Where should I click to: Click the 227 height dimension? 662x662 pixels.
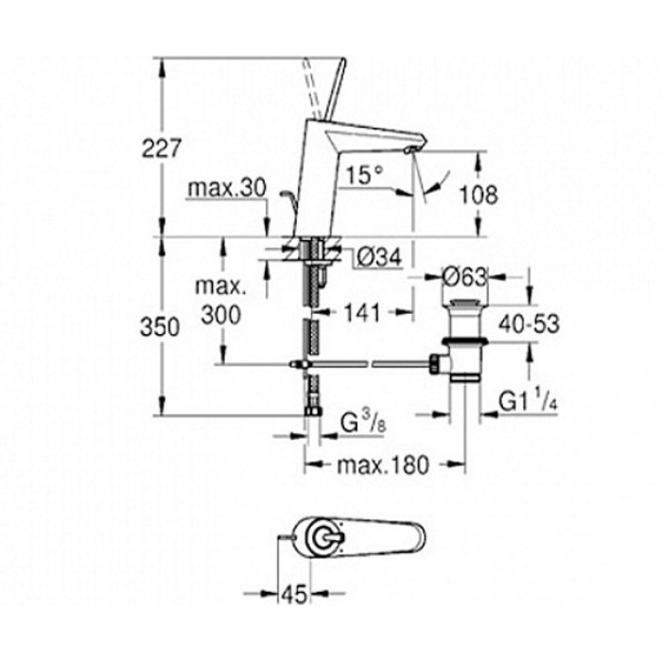tap(161, 148)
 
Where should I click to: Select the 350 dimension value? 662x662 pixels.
tap(160, 327)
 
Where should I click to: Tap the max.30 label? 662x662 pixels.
tap(227, 188)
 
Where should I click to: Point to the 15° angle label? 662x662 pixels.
tap(363, 175)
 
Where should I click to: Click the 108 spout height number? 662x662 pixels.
tap(479, 195)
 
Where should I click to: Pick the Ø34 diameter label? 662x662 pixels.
tap(378, 257)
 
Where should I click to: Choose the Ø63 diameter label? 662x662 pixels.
tap(464, 277)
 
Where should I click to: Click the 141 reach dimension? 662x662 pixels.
tap(362, 313)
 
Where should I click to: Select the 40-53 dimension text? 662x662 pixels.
tap(529, 324)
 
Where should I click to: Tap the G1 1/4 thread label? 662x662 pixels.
tap(529, 400)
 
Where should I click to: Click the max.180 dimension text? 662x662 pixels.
tap(383, 465)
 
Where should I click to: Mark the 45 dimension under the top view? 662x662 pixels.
tap(294, 595)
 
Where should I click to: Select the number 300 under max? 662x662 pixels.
tap(220, 315)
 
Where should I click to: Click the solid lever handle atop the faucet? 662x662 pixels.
tap(335, 89)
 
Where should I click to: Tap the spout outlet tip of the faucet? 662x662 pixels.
tap(409, 149)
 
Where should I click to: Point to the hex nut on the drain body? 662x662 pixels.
tap(435, 363)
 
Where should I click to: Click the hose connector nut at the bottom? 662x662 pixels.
tap(313, 410)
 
